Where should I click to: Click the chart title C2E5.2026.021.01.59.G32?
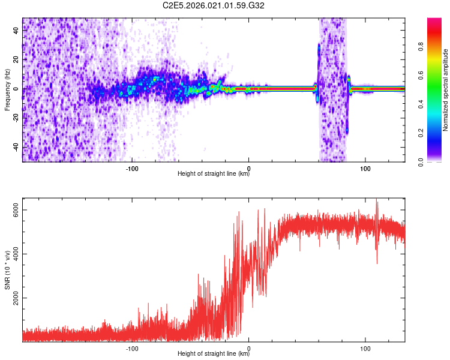click(x=214, y=5)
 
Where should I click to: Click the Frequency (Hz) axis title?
click(x=7, y=90)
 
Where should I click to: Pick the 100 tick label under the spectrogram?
click(x=365, y=168)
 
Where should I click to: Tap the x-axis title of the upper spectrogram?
click(x=214, y=175)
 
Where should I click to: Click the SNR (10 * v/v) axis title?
click(x=7, y=270)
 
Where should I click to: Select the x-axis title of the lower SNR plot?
click(x=214, y=355)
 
